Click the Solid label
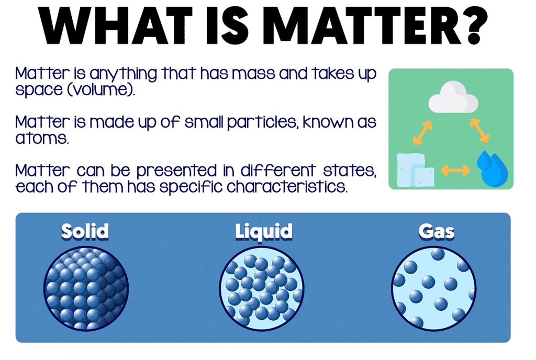click(x=85, y=231)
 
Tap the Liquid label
click(x=264, y=232)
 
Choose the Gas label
click(x=437, y=232)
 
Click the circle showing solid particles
click(x=86, y=289)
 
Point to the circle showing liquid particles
click(x=262, y=289)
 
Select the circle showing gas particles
click(x=433, y=289)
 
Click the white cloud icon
click(x=453, y=97)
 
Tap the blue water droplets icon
click(x=492, y=168)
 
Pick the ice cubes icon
click(x=415, y=170)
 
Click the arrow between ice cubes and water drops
click(x=455, y=170)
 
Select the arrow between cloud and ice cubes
click(x=422, y=133)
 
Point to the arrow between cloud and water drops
click(x=479, y=130)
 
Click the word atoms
click(x=42, y=138)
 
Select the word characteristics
click(x=287, y=187)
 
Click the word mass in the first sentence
click(x=253, y=74)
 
